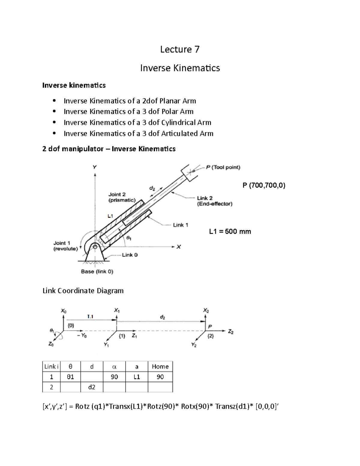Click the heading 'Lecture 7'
pos(180,49)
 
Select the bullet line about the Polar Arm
pos(128,112)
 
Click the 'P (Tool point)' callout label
pos(223,167)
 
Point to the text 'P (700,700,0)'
pos(264,185)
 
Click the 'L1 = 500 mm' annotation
pos(230,232)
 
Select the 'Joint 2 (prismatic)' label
pos(121,197)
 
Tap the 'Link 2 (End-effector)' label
pos(214,201)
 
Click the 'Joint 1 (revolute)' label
pos(65,246)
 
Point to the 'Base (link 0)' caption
pos(97,272)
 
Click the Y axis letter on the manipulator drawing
pos(94,167)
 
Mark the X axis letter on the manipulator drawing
pos(178,247)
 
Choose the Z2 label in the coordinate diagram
pos(230,332)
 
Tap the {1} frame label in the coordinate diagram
pos(122,336)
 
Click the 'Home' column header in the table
pos(160,367)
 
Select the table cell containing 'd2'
pos(92,387)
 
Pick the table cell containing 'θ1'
pos(70,377)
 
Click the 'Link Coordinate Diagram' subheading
pos(83,291)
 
